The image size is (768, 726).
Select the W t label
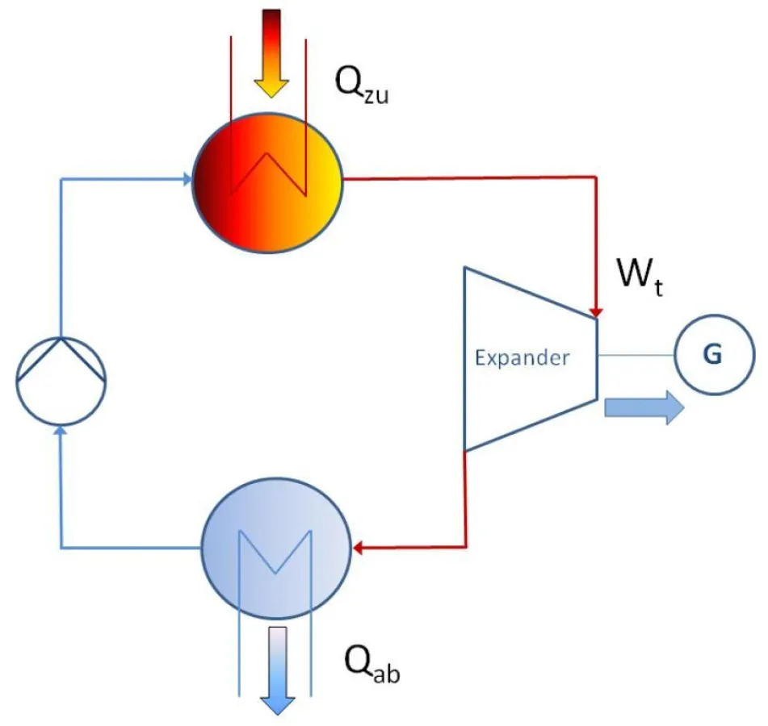point(640,277)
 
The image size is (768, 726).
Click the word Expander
point(521,358)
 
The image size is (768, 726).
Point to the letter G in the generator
point(713,355)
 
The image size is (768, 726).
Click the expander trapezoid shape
point(501,403)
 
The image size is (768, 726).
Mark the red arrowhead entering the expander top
point(596,311)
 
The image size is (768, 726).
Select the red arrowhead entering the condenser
point(358,549)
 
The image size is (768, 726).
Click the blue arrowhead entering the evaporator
point(185,179)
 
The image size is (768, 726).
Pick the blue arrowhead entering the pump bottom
point(61,432)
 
